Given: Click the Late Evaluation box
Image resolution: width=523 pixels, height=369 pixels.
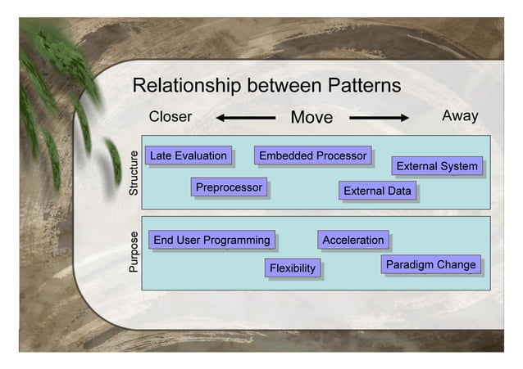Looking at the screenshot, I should [x=188, y=155].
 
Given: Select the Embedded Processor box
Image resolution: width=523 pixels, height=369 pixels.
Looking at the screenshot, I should [x=312, y=155].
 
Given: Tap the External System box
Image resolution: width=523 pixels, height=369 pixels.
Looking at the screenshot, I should [x=436, y=167].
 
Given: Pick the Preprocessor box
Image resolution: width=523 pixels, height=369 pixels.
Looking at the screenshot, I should [x=229, y=188].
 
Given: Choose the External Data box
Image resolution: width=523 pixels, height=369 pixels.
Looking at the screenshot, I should [x=377, y=191].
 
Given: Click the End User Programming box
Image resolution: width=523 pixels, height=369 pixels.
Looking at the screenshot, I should [x=211, y=240].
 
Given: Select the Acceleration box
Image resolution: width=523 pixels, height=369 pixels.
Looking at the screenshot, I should [x=352, y=240].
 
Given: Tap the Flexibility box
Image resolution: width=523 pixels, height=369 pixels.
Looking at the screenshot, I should [x=293, y=268].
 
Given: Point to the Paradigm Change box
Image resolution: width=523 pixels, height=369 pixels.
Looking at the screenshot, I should [x=430, y=265].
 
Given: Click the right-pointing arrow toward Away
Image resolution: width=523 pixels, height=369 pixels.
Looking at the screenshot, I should [x=380, y=118].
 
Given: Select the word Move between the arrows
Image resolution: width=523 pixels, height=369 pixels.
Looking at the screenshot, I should [x=312, y=118].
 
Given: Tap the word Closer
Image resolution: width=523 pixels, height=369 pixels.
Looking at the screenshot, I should [x=170, y=116].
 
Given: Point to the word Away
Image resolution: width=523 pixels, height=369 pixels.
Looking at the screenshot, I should [x=460, y=116].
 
